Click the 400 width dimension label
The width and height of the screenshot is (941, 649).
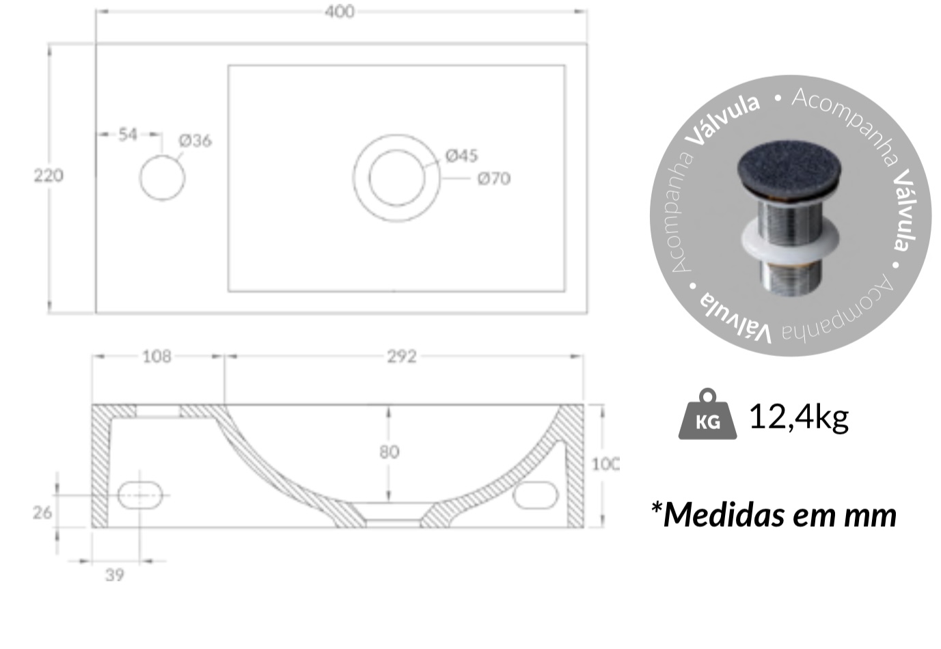pos(340,12)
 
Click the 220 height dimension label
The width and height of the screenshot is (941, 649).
pos(49,175)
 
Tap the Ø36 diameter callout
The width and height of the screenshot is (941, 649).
pos(195,141)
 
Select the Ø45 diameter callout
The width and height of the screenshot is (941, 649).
pos(461,156)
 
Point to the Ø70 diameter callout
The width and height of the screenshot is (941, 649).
pos(494,179)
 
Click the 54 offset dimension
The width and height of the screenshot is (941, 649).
pos(128,135)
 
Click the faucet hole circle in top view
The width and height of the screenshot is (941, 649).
pos(162,178)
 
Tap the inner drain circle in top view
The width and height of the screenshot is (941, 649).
pos(397,178)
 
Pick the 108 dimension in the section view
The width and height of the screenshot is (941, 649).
pos(156,357)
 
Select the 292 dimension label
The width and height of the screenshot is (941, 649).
pos(402,357)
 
